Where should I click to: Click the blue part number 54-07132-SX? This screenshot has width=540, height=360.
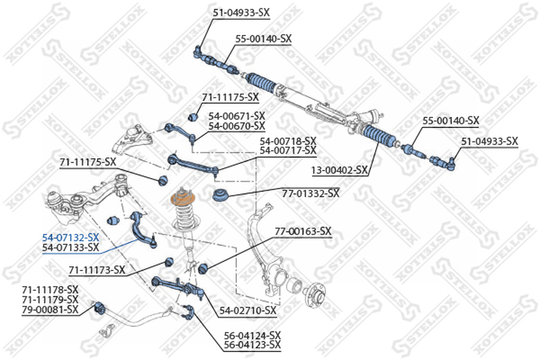pos(71,237)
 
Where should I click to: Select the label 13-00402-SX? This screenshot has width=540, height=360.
pos(340,170)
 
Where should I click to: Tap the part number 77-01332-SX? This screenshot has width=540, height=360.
pos(310,193)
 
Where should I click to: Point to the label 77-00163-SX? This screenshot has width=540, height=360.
pos(303,232)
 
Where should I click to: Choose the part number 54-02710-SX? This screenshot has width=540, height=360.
pos(248,310)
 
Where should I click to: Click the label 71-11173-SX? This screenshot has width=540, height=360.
pos(97,270)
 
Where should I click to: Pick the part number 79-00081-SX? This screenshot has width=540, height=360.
pos(50,309)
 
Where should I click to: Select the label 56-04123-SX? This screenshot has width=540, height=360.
pos(252,345)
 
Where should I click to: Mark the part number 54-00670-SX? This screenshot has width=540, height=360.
pos(237,126)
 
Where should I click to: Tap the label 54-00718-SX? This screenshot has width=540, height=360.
pos(288,141)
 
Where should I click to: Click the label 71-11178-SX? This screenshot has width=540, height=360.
pos(50,289)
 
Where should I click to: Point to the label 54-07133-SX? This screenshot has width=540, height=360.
pos(71,247)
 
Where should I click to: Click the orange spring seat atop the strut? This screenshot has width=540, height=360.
pos(183,199)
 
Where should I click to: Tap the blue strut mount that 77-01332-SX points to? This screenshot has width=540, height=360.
pos(220,195)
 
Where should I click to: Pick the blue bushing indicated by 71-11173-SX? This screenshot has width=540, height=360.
pos(168,262)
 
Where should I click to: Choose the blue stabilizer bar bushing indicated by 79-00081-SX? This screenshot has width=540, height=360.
pos(99,307)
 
